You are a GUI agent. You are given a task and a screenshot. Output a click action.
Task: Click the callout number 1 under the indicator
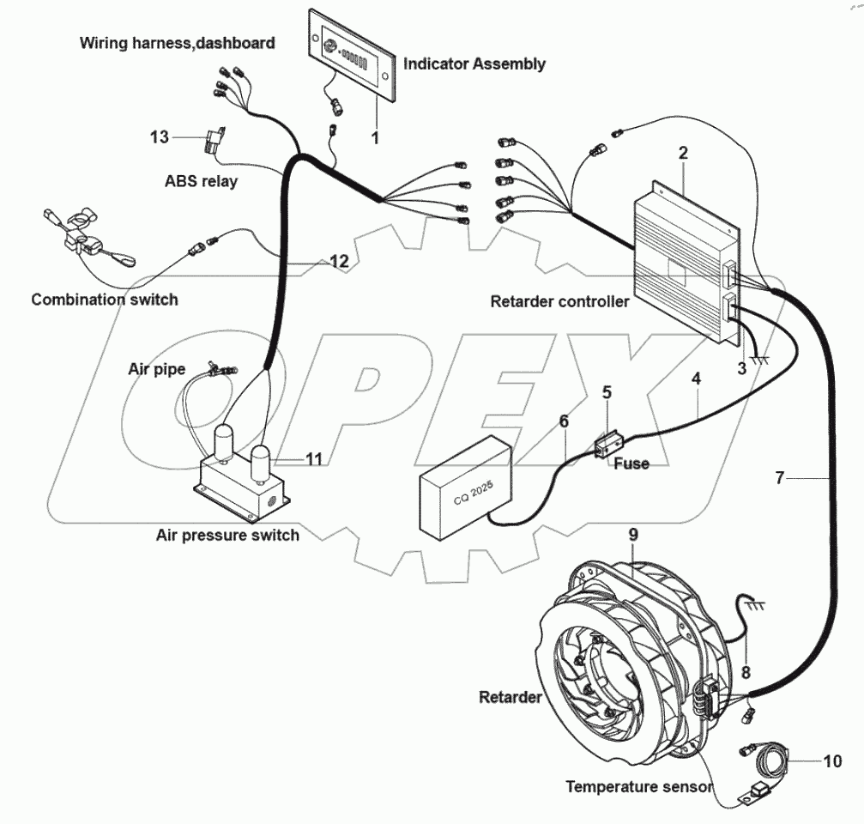(x=374, y=137)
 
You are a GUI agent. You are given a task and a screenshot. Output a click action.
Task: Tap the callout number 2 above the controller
(x=683, y=154)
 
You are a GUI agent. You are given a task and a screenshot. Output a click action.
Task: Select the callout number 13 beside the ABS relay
(x=160, y=137)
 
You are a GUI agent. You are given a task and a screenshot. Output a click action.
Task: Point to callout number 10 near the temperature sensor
(x=833, y=760)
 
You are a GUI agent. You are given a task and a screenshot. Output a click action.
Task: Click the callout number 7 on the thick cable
(x=779, y=478)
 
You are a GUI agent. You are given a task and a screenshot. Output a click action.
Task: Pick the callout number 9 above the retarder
(x=632, y=534)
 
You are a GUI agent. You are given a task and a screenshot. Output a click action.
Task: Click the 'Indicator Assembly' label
(x=474, y=64)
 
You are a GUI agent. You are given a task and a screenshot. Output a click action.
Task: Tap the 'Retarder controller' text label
(x=559, y=301)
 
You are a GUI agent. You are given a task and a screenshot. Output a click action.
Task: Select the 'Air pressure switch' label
(x=227, y=535)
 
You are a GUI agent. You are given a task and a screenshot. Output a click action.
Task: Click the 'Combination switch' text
(x=105, y=300)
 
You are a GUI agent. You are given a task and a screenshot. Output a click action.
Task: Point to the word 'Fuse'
(x=631, y=463)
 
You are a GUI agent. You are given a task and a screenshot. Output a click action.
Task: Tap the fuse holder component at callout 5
(x=608, y=445)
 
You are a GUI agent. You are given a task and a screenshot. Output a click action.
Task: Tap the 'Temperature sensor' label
(x=638, y=786)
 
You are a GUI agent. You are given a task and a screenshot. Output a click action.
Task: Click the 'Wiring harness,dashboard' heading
(x=178, y=42)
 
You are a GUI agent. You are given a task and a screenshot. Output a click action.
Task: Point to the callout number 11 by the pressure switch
(x=314, y=459)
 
